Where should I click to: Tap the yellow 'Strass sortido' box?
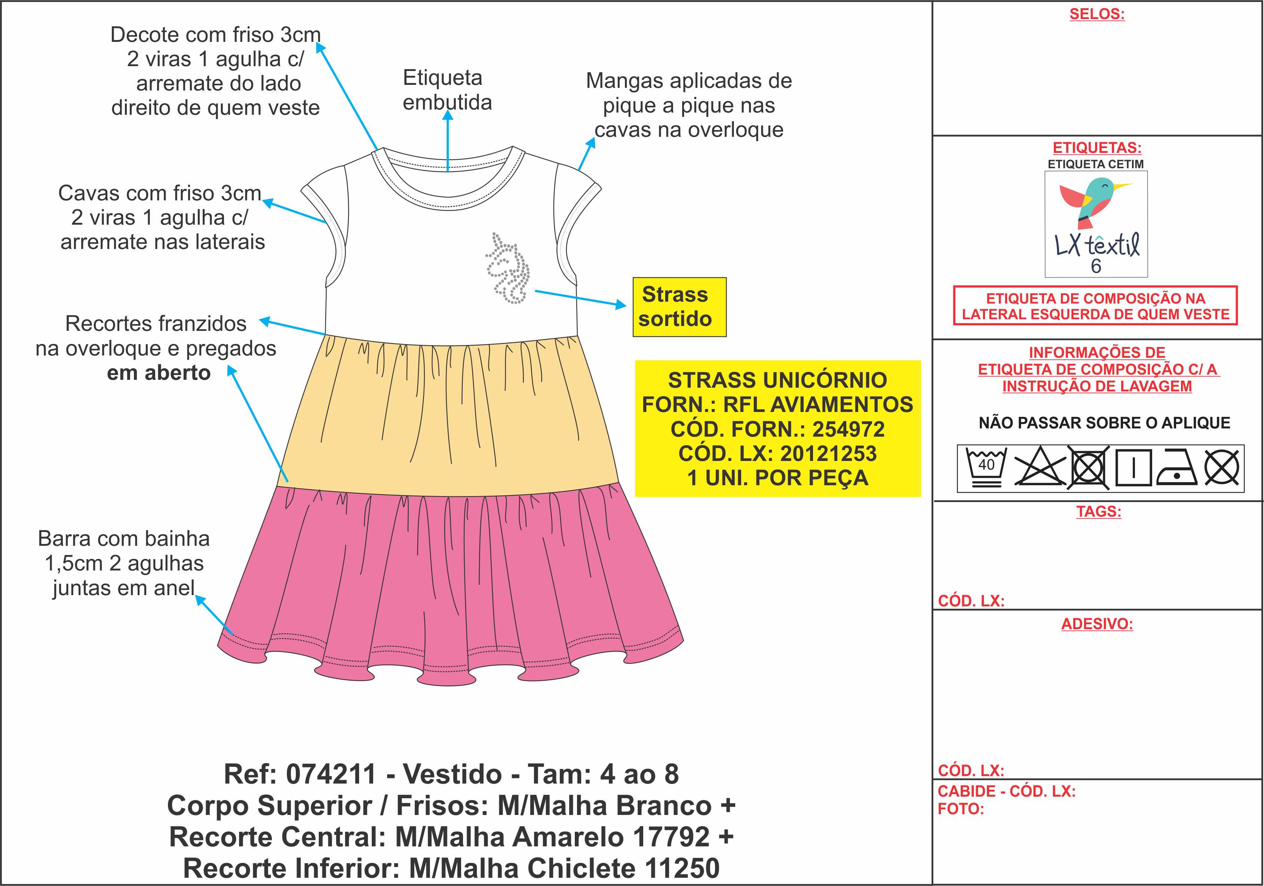[679, 307]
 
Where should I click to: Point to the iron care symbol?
[1177, 468]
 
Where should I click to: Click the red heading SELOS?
[1096, 14]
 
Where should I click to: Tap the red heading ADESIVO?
[1096, 624]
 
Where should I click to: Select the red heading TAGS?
[1099, 511]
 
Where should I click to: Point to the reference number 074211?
[331, 774]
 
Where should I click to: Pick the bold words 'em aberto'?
[159, 373]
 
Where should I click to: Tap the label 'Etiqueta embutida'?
[447, 90]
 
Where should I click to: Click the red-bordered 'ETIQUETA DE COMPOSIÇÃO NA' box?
[1096, 306]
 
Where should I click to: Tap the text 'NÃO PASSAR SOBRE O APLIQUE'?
[1104, 423]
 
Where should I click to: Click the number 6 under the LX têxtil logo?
[1096, 266]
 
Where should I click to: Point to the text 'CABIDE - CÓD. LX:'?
[1006, 791]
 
